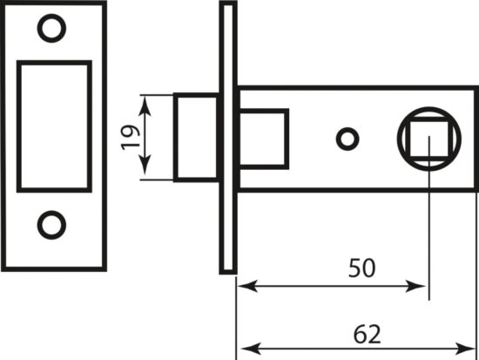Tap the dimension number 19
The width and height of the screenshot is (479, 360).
coord(131,138)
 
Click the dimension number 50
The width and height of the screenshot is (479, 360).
coord(361,268)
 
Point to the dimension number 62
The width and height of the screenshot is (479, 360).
coord(367,334)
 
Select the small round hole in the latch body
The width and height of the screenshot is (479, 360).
coord(347,139)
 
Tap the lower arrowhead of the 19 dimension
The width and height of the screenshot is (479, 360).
coord(145,165)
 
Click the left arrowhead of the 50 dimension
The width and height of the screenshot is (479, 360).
coord(247,286)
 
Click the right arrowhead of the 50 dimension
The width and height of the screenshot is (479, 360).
coord(415,286)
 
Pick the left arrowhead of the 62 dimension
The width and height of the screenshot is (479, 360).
coord(251,349)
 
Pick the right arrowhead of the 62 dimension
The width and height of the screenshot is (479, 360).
coord(465,349)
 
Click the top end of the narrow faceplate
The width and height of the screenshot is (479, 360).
coord(228,3)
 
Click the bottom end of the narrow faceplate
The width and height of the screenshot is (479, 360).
coord(228,272)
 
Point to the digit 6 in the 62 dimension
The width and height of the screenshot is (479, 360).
coord(360,334)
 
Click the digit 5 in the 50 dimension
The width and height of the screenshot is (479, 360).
coord(355,268)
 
